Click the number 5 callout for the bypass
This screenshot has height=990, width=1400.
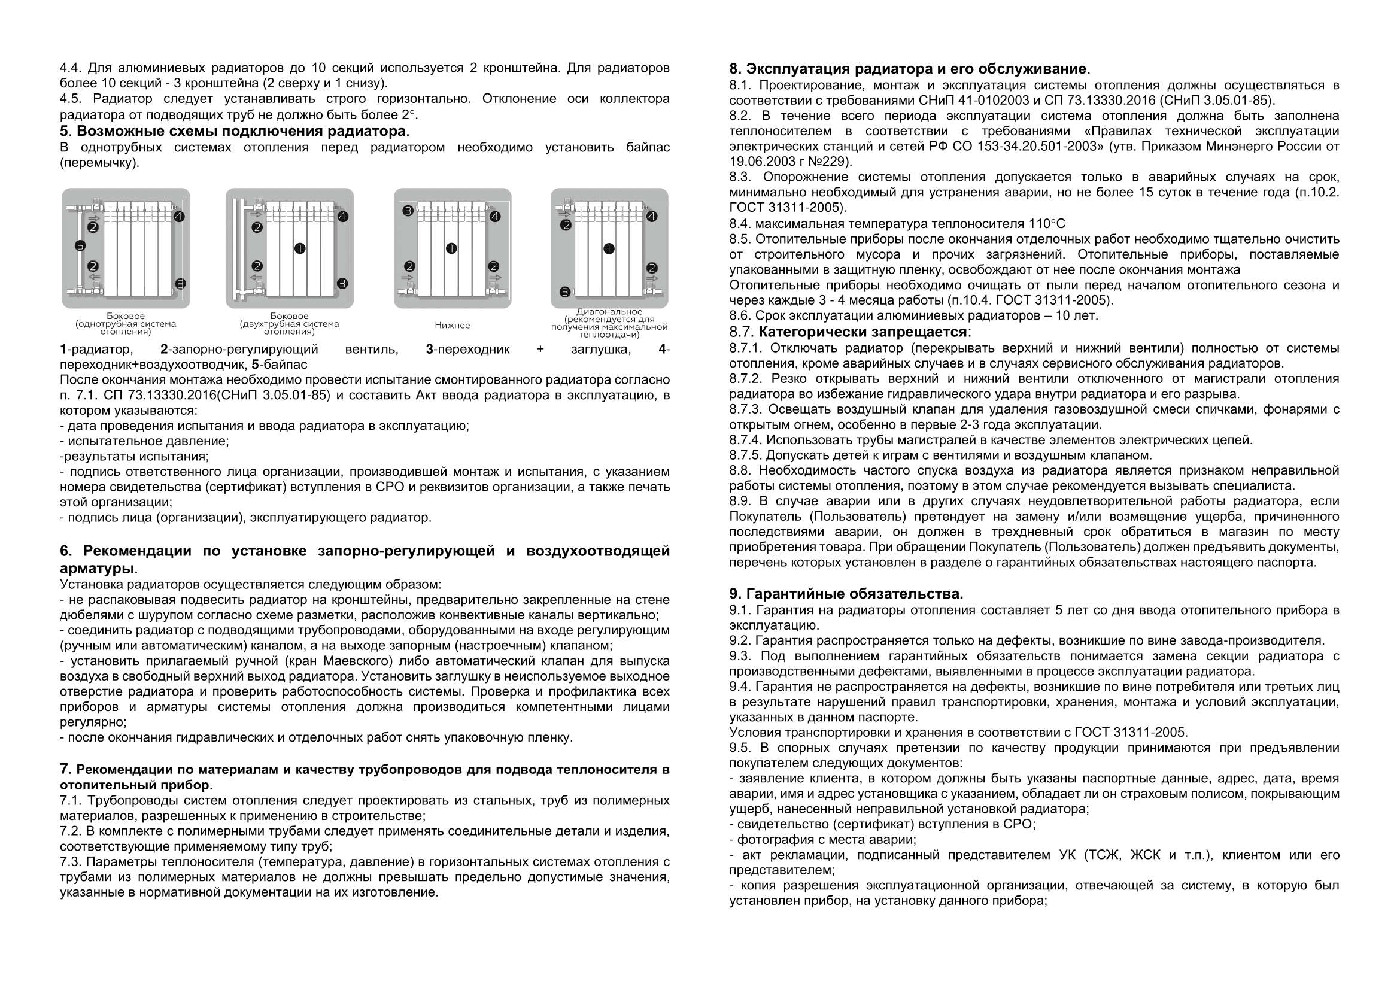(80, 246)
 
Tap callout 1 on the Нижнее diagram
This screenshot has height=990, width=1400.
(451, 248)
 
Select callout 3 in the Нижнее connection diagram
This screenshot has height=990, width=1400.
(408, 211)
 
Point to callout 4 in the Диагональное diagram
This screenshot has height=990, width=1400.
(652, 217)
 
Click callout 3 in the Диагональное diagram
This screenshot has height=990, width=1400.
(565, 292)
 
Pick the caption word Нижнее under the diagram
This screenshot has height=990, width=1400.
(453, 326)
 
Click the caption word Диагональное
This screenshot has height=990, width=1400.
(609, 312)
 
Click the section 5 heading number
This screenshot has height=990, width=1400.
(65, 132)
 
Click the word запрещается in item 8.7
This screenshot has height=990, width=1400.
(925, 332)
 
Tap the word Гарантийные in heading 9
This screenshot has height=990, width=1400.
(793, 594)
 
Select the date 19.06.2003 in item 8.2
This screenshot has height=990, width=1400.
(759, 162)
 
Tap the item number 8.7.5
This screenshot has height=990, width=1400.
(746, 455)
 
